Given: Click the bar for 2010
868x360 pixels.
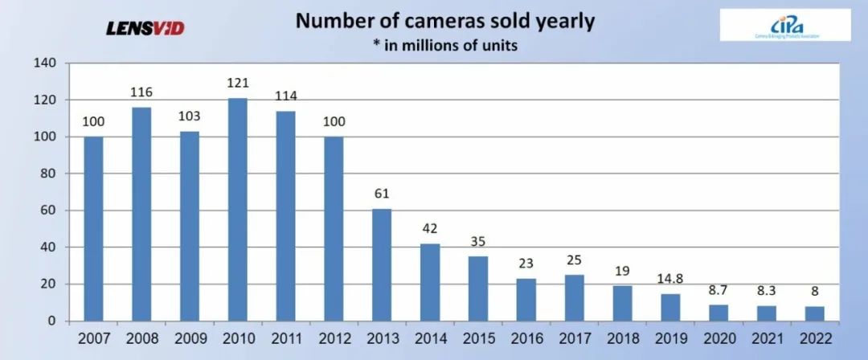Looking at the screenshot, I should (237, 210).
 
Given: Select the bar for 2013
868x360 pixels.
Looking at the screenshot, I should (382, 265).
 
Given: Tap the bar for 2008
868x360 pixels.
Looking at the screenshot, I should (141, 214).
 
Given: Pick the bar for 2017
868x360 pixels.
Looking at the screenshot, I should (575, 298).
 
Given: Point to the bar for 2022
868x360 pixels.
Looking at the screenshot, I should (815, 313).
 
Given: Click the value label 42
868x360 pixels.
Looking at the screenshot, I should (430, 229).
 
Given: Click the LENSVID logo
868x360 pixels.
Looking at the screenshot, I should (145, 28).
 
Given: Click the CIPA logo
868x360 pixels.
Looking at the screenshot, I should (784, 25).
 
